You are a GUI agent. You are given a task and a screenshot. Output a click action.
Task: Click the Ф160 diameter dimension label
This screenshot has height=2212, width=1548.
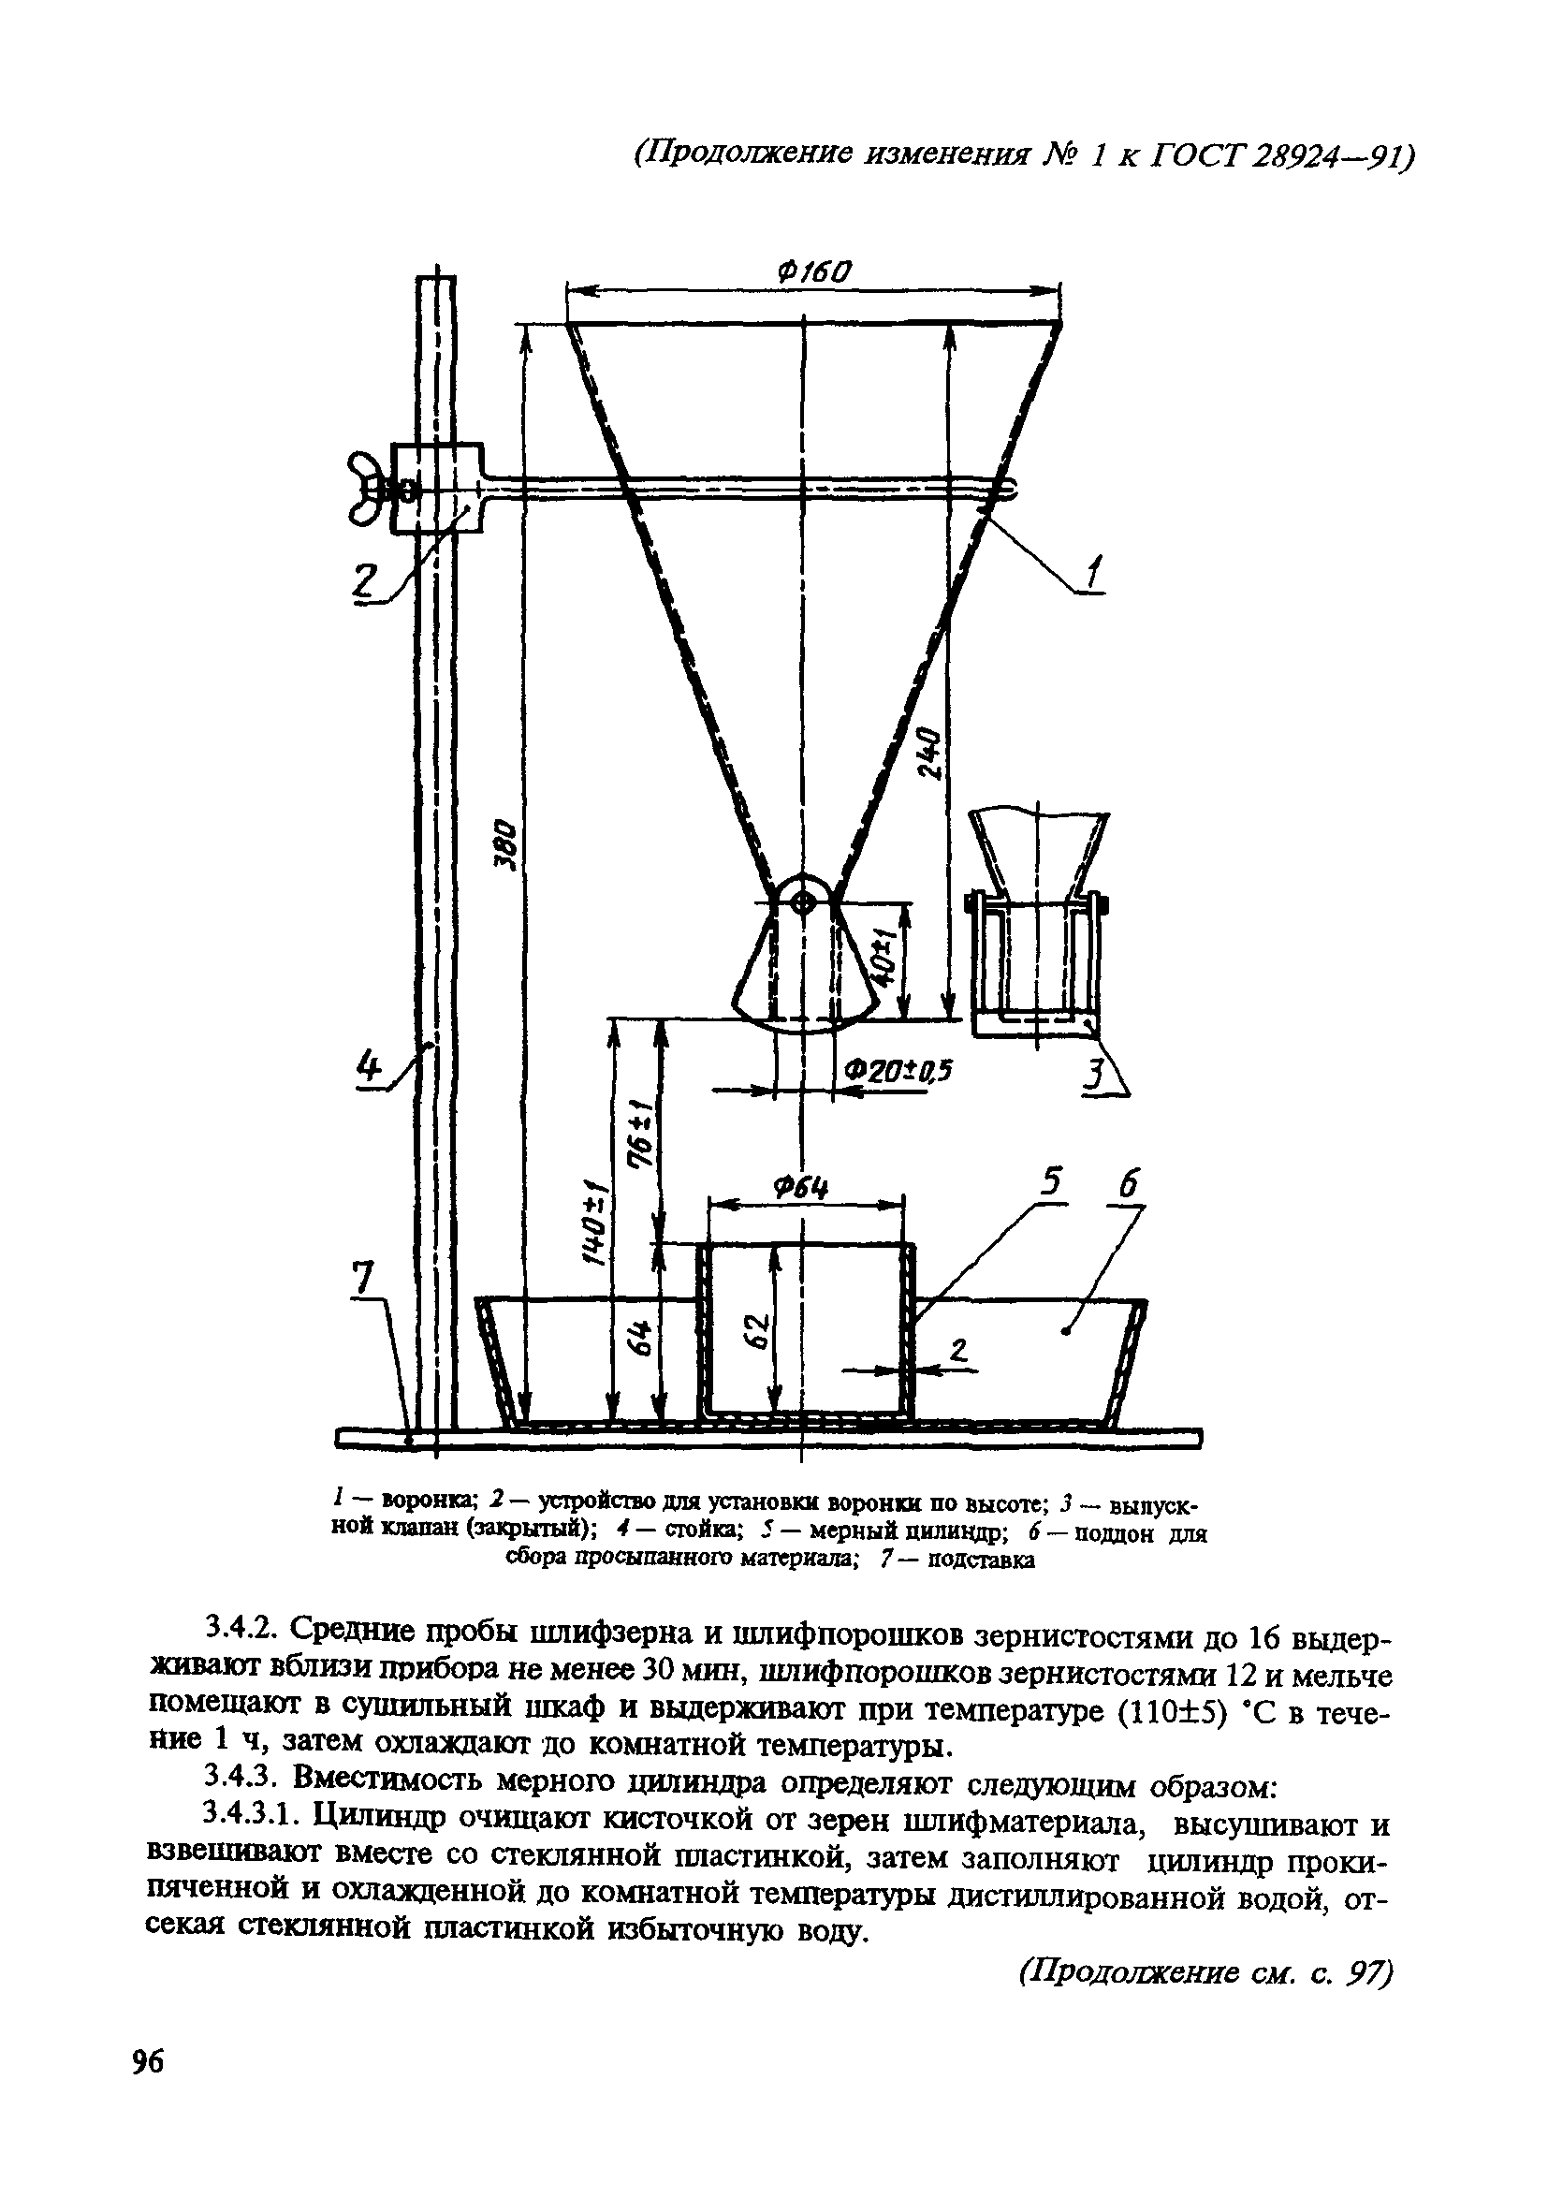[x=814, y=272]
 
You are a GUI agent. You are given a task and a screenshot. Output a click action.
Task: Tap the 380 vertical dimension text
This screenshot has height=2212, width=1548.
[x=508, y=846]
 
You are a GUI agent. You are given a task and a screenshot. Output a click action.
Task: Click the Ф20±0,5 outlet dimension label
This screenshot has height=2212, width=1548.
[x=897, y=1071]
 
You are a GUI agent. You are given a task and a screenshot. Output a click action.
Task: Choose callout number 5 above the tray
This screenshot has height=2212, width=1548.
[x=1053, y=1182]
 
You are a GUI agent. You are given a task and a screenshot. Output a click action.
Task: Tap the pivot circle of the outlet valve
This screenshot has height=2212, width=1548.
[x=802, y=901]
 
